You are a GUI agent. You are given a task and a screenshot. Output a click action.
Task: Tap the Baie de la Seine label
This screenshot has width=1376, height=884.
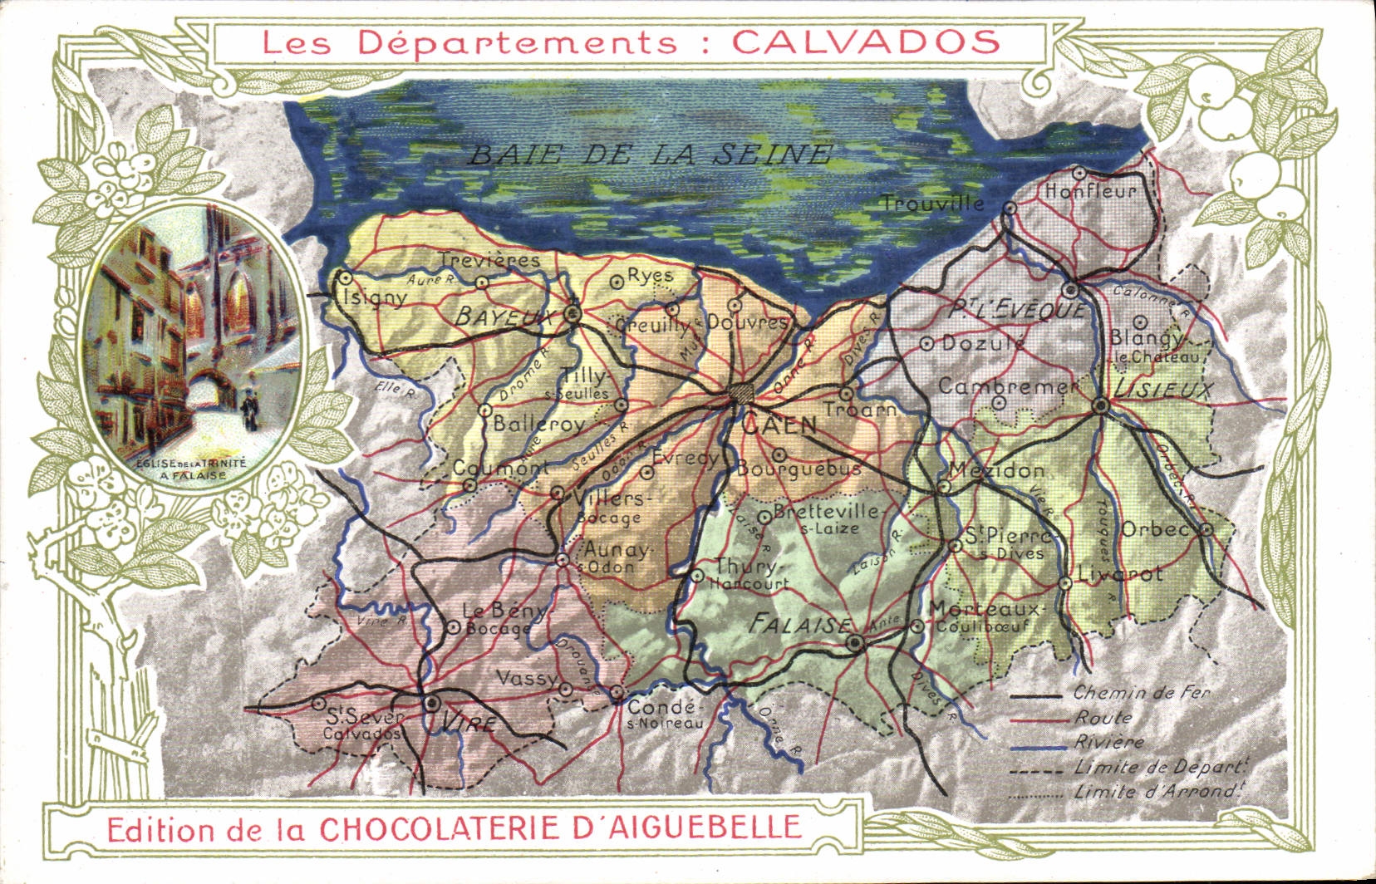click(648, 154)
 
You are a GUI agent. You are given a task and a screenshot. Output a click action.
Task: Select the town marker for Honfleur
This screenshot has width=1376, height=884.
click(1079, 173)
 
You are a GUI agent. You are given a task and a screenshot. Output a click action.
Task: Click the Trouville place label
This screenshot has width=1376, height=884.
click(932, 203)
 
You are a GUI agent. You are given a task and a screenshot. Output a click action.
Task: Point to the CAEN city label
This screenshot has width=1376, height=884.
click(779, 425)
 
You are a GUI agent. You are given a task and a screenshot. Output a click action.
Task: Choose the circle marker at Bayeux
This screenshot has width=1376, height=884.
click(572, 313)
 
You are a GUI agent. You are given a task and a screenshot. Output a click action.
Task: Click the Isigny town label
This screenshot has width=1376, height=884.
click(376, 297)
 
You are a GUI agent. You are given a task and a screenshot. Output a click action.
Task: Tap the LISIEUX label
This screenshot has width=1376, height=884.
click(1165, 390)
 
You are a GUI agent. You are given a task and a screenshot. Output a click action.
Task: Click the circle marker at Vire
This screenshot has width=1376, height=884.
click(431, 704)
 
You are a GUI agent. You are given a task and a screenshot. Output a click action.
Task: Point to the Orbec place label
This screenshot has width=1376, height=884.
click(1154, 529)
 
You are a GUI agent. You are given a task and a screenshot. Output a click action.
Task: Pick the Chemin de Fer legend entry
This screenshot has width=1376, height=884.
click(1141, 691)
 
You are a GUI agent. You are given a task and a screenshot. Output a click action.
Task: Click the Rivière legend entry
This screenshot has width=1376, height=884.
click(1109, 742)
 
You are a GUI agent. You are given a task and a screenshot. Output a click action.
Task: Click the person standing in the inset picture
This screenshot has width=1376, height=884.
click(249, 411)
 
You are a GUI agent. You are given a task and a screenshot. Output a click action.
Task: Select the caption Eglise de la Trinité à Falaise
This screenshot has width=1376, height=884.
click(191, 471)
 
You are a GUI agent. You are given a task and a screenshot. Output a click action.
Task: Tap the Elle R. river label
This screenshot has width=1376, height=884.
click(396, 387)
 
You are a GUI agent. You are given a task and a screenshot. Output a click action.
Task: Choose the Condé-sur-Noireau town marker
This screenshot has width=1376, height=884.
click(617, 691)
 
